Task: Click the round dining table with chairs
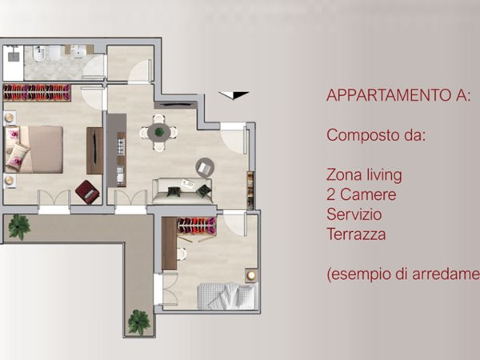[x=158, y=132]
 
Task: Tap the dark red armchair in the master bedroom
[x=86, y=191]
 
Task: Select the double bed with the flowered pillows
[x=36, y=150]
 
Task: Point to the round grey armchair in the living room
[x=206, y=167]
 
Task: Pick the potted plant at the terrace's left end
[x=18, y=226]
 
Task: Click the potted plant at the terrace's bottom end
[x=139, y=322]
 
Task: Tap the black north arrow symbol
[x=227, y=95]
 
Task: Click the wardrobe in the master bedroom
[x=37, y=92]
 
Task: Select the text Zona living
[x=364, y=174]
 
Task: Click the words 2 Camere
[x=361, y=194]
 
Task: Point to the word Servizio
[x=354, y=214]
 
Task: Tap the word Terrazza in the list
[x=356, y=234]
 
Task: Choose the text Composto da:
[x=374, y=135]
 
